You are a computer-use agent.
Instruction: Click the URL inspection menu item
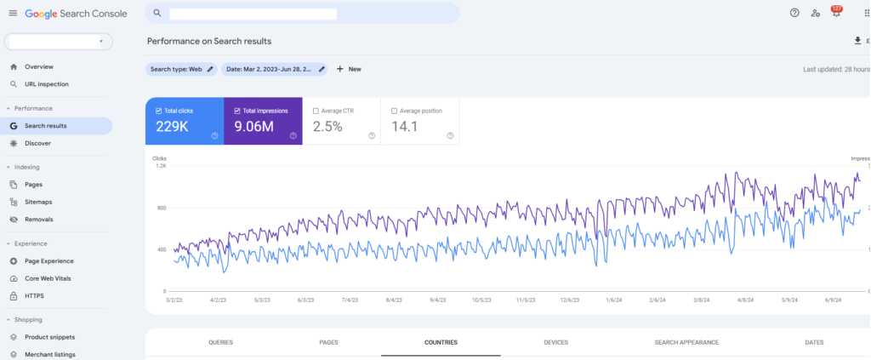tap(46, 84)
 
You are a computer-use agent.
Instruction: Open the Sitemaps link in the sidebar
tap(38, 202)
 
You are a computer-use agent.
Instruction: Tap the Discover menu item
tap(37, 143)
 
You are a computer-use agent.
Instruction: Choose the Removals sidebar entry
tap(38, 219)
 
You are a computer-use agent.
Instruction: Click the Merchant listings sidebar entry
tap(49, 354)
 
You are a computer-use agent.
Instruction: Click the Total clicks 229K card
tap(184, 121)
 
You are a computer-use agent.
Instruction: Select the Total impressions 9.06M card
tap(262, 121)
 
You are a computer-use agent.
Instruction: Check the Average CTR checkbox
tap(316, 111)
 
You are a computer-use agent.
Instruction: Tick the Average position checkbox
tap(394, 111)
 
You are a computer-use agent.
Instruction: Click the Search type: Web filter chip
tap(180, 69)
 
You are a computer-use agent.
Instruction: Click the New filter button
tap(349, 69)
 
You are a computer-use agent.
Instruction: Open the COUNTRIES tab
tap(441, 342)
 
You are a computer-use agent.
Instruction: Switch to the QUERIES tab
tap(220, 342)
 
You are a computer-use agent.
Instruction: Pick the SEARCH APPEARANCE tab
tap(686, 342)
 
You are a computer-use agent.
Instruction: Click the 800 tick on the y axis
tap(160, 208)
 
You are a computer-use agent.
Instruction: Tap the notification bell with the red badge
tap(836, 13)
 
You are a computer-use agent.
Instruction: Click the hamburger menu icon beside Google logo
tap(13, 13)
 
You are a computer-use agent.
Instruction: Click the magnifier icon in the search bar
tap(157, 13)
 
